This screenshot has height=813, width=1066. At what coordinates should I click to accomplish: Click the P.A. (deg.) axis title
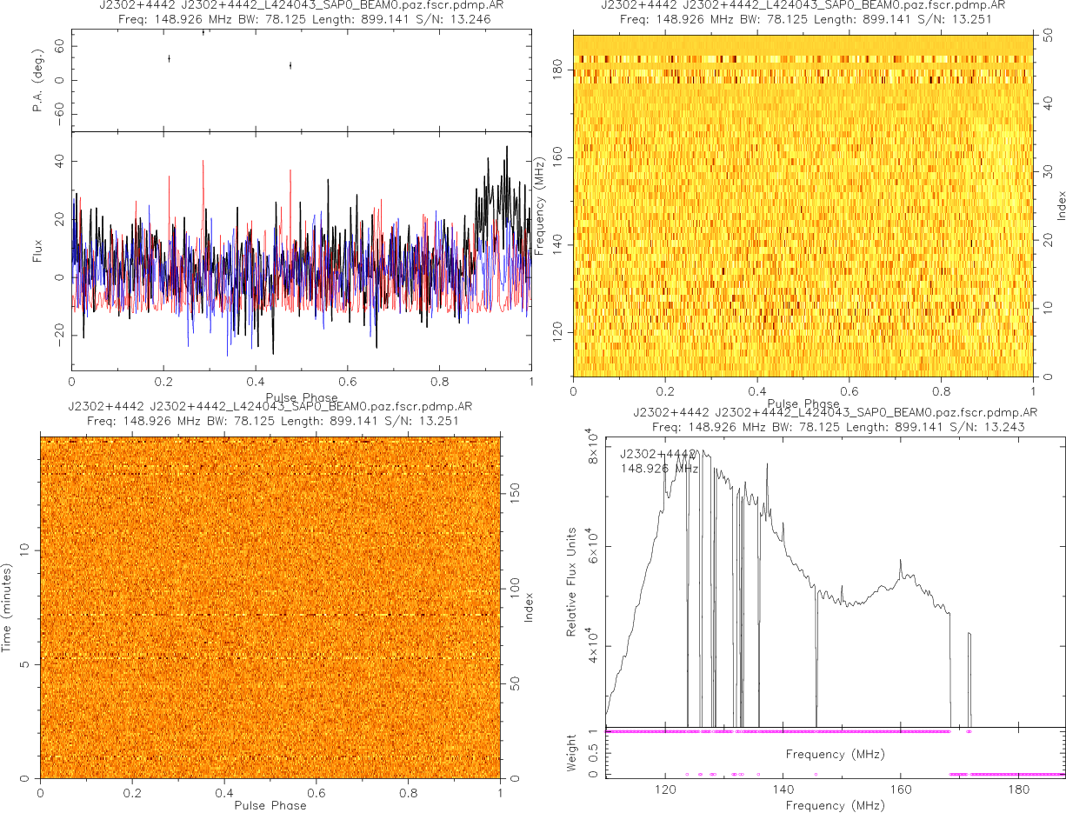[x=38, y=79]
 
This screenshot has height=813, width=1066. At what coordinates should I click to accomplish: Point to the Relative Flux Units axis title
[x=572, y=581]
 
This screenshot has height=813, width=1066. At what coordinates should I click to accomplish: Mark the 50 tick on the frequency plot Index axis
[x=1049, y=37]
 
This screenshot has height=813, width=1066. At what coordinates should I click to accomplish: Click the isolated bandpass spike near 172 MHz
[x=969, y=635]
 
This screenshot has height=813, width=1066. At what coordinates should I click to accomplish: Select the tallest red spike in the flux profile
[x=203, y=162]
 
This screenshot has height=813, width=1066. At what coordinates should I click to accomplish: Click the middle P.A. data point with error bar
[x=203, y=32]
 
